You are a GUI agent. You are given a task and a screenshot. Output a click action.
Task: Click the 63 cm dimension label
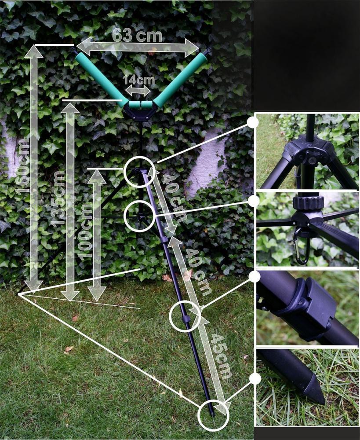[x=137, y=36]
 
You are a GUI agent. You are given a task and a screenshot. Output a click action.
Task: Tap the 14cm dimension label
[x=138, y=80]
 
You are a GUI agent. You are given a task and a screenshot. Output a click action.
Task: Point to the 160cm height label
[x=23, y=167]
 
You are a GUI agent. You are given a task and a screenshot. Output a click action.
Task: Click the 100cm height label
[x=85, y=231]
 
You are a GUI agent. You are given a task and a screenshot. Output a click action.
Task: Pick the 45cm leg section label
[x=221, y=356]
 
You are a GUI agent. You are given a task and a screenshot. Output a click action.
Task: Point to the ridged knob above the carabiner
[x=308, y=202]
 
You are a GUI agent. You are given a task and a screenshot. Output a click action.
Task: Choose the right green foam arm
[x=180, y=80]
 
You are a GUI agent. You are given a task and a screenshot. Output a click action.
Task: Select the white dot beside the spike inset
[x=255, y=379]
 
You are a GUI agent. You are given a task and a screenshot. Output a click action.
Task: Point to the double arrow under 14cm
[x=138, y=91]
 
